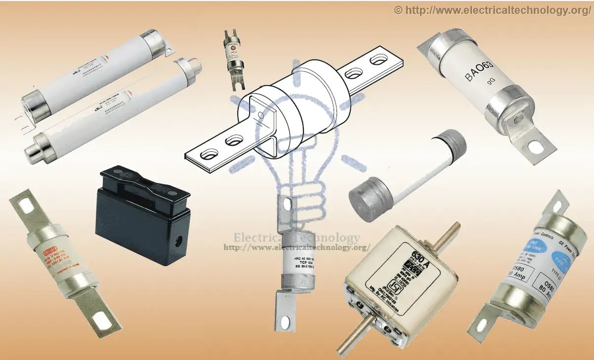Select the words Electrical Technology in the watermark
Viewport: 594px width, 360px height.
297,237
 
